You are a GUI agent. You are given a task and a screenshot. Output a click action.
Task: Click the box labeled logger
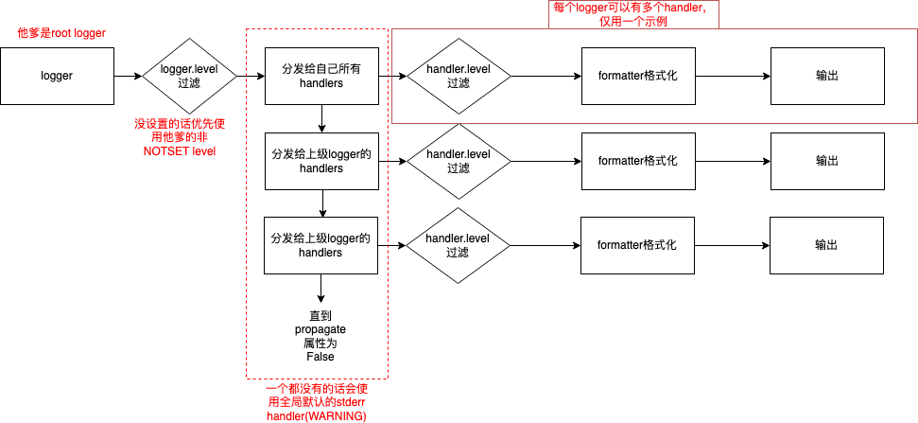click(x=57, y=76)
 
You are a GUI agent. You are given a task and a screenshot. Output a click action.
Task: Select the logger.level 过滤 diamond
click(x=189, y=76)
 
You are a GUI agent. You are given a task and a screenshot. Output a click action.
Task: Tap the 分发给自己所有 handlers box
click(x=321, y=77)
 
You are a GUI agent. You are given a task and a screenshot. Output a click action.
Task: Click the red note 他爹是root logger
click(x=61, y=33)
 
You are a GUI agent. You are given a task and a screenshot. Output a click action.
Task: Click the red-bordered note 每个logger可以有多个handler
click(x=633, y=14)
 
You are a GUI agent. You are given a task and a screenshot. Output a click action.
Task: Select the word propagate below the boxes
click(x=320, y=329)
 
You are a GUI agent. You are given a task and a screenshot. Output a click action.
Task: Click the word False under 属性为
click(x=320, y=356)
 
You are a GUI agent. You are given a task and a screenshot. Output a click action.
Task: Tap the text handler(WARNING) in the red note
click(x=316, y=416)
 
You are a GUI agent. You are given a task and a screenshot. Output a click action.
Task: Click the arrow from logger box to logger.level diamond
click(x=129, y=76)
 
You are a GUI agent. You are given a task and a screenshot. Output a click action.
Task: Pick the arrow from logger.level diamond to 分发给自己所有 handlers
click(x=251, y=76)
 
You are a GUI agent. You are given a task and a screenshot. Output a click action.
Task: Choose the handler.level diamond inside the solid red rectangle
click(x=459, y=76)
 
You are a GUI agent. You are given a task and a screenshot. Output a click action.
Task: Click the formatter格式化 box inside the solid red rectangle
click(x=638, y=76)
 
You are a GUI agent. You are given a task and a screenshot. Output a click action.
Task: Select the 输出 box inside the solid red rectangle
click(x=826, y=76)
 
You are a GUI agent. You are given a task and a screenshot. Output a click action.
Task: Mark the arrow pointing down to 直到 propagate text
click(x=320, y=289)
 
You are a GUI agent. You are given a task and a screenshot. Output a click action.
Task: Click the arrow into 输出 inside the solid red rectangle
click(x=733, y=76)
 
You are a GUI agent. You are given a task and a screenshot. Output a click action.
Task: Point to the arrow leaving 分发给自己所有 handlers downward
click(x=321, y=119)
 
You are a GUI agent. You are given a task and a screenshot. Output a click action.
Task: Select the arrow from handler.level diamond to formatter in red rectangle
click(x=546, y=76)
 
